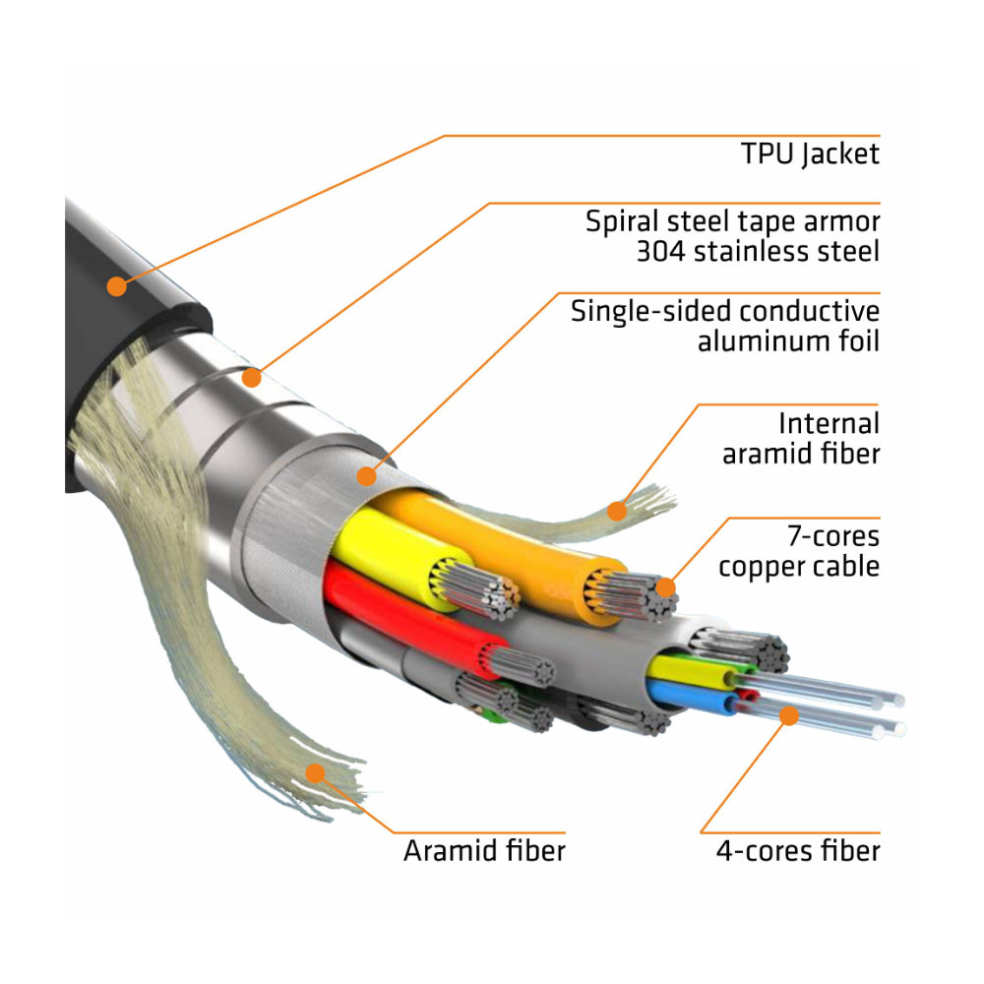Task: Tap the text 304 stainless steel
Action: coord(757,251)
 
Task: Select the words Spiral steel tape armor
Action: coord(732,220)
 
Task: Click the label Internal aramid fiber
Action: coord(800,439)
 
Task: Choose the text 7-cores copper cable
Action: coord(798,552)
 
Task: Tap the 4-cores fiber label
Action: coord(797,850)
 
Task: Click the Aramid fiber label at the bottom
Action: coord(484,850)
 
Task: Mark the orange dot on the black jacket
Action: coord(117,286)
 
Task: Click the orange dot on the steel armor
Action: coord(253,377)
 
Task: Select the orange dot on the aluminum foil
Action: coord(366,476)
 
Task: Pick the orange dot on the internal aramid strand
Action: coord(617,510)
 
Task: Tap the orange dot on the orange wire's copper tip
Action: coord(666,588)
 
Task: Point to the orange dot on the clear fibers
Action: coord(788,715)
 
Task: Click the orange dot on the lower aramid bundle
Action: coord(315,772)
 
